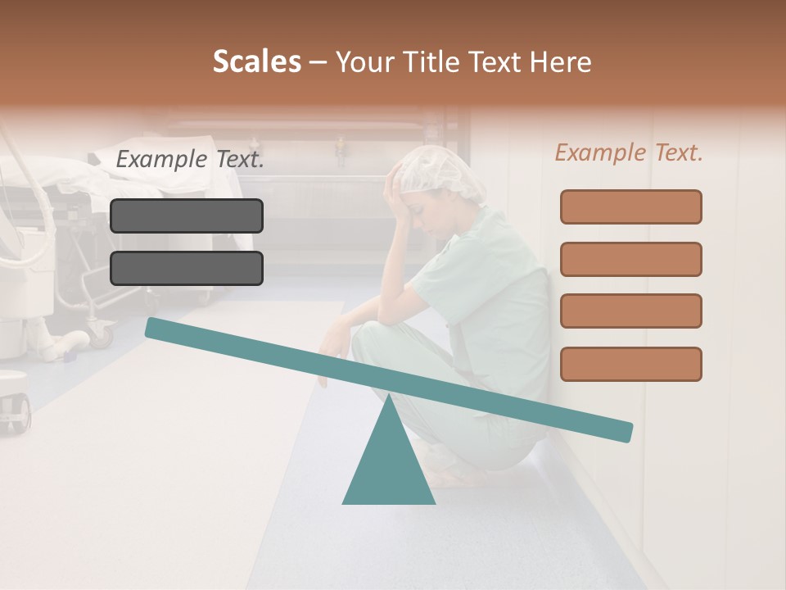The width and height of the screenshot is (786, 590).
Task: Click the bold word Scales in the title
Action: (257, 61)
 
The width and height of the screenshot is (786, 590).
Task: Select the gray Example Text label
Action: (190, 160)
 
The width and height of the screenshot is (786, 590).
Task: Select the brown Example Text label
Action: (629, 152)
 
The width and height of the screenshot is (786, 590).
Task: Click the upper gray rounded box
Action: (187, 216)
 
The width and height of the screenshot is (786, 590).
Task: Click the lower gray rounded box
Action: (187, 268)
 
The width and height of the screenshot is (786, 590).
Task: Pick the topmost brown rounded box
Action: (630, 206)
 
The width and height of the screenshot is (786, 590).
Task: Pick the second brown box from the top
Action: (630, 259)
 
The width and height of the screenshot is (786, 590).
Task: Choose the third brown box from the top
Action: (630, 311)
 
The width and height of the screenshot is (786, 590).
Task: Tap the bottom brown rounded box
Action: (630, 364)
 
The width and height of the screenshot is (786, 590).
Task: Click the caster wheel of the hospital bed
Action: (102, 331)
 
